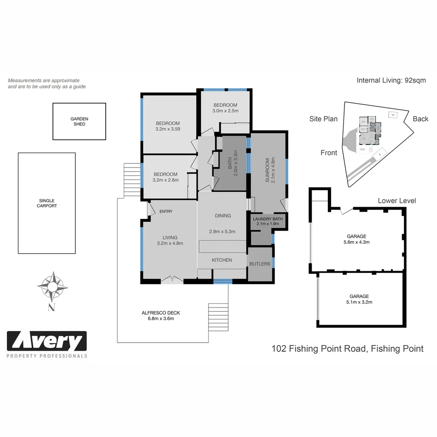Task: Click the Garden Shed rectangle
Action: click(x=79, y=121)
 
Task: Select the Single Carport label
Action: click(x=47, y=203)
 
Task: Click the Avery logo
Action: click(x=47, y=342)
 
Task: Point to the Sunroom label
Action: click(x=270, y=170)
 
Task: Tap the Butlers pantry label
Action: click(x=260, y=264)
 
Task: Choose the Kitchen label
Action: click(x=222, y=260)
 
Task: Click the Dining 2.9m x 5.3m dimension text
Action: click(x=222, y=231)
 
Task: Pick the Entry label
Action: click(x=166, y=212)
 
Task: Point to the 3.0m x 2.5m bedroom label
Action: click(x=225, y=111)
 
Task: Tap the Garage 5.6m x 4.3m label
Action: click(x=356, y=242)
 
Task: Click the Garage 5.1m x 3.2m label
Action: click(x=356, y=302)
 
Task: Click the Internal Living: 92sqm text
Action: click(x=391, y=80)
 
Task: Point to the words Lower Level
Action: click(x=397, y=201)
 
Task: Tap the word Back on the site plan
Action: click(x=420, y=119)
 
